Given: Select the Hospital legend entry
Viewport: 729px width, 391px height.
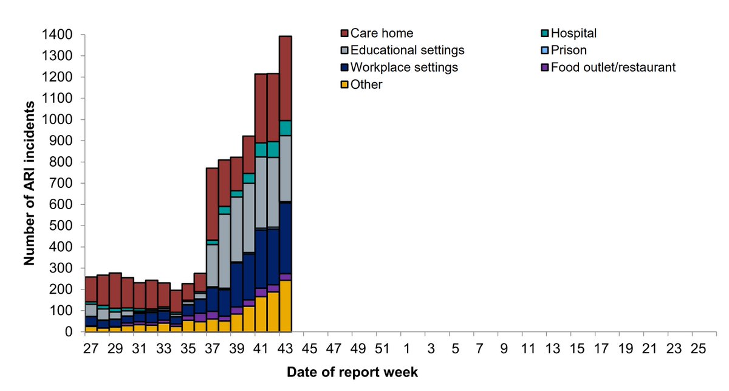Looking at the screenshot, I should tap(574, 33).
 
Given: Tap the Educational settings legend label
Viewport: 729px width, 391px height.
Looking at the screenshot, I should tap(404, 50).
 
